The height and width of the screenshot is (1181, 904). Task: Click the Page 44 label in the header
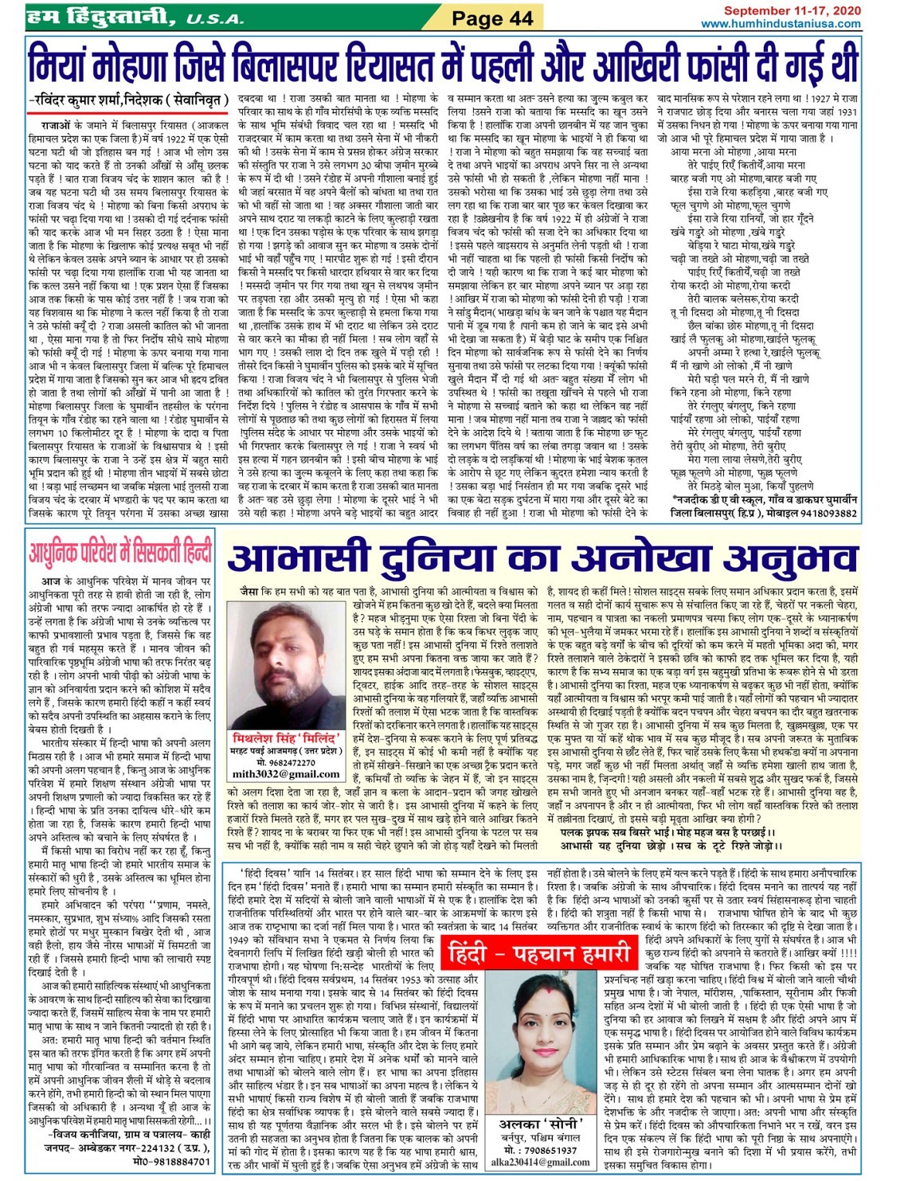coord(492,18)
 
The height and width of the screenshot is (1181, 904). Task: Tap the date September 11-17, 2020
coord(792,10)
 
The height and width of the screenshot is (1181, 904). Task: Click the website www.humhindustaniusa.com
coord(781,24)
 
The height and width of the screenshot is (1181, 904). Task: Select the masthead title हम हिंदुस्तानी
coord(96,16)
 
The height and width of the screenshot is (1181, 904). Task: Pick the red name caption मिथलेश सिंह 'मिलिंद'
coord(286,737)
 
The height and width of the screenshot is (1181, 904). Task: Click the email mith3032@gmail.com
coord(286,773)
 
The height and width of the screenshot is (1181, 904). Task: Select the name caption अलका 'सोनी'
coord(542,1124)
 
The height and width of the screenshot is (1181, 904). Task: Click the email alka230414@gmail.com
coord(542,1162)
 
